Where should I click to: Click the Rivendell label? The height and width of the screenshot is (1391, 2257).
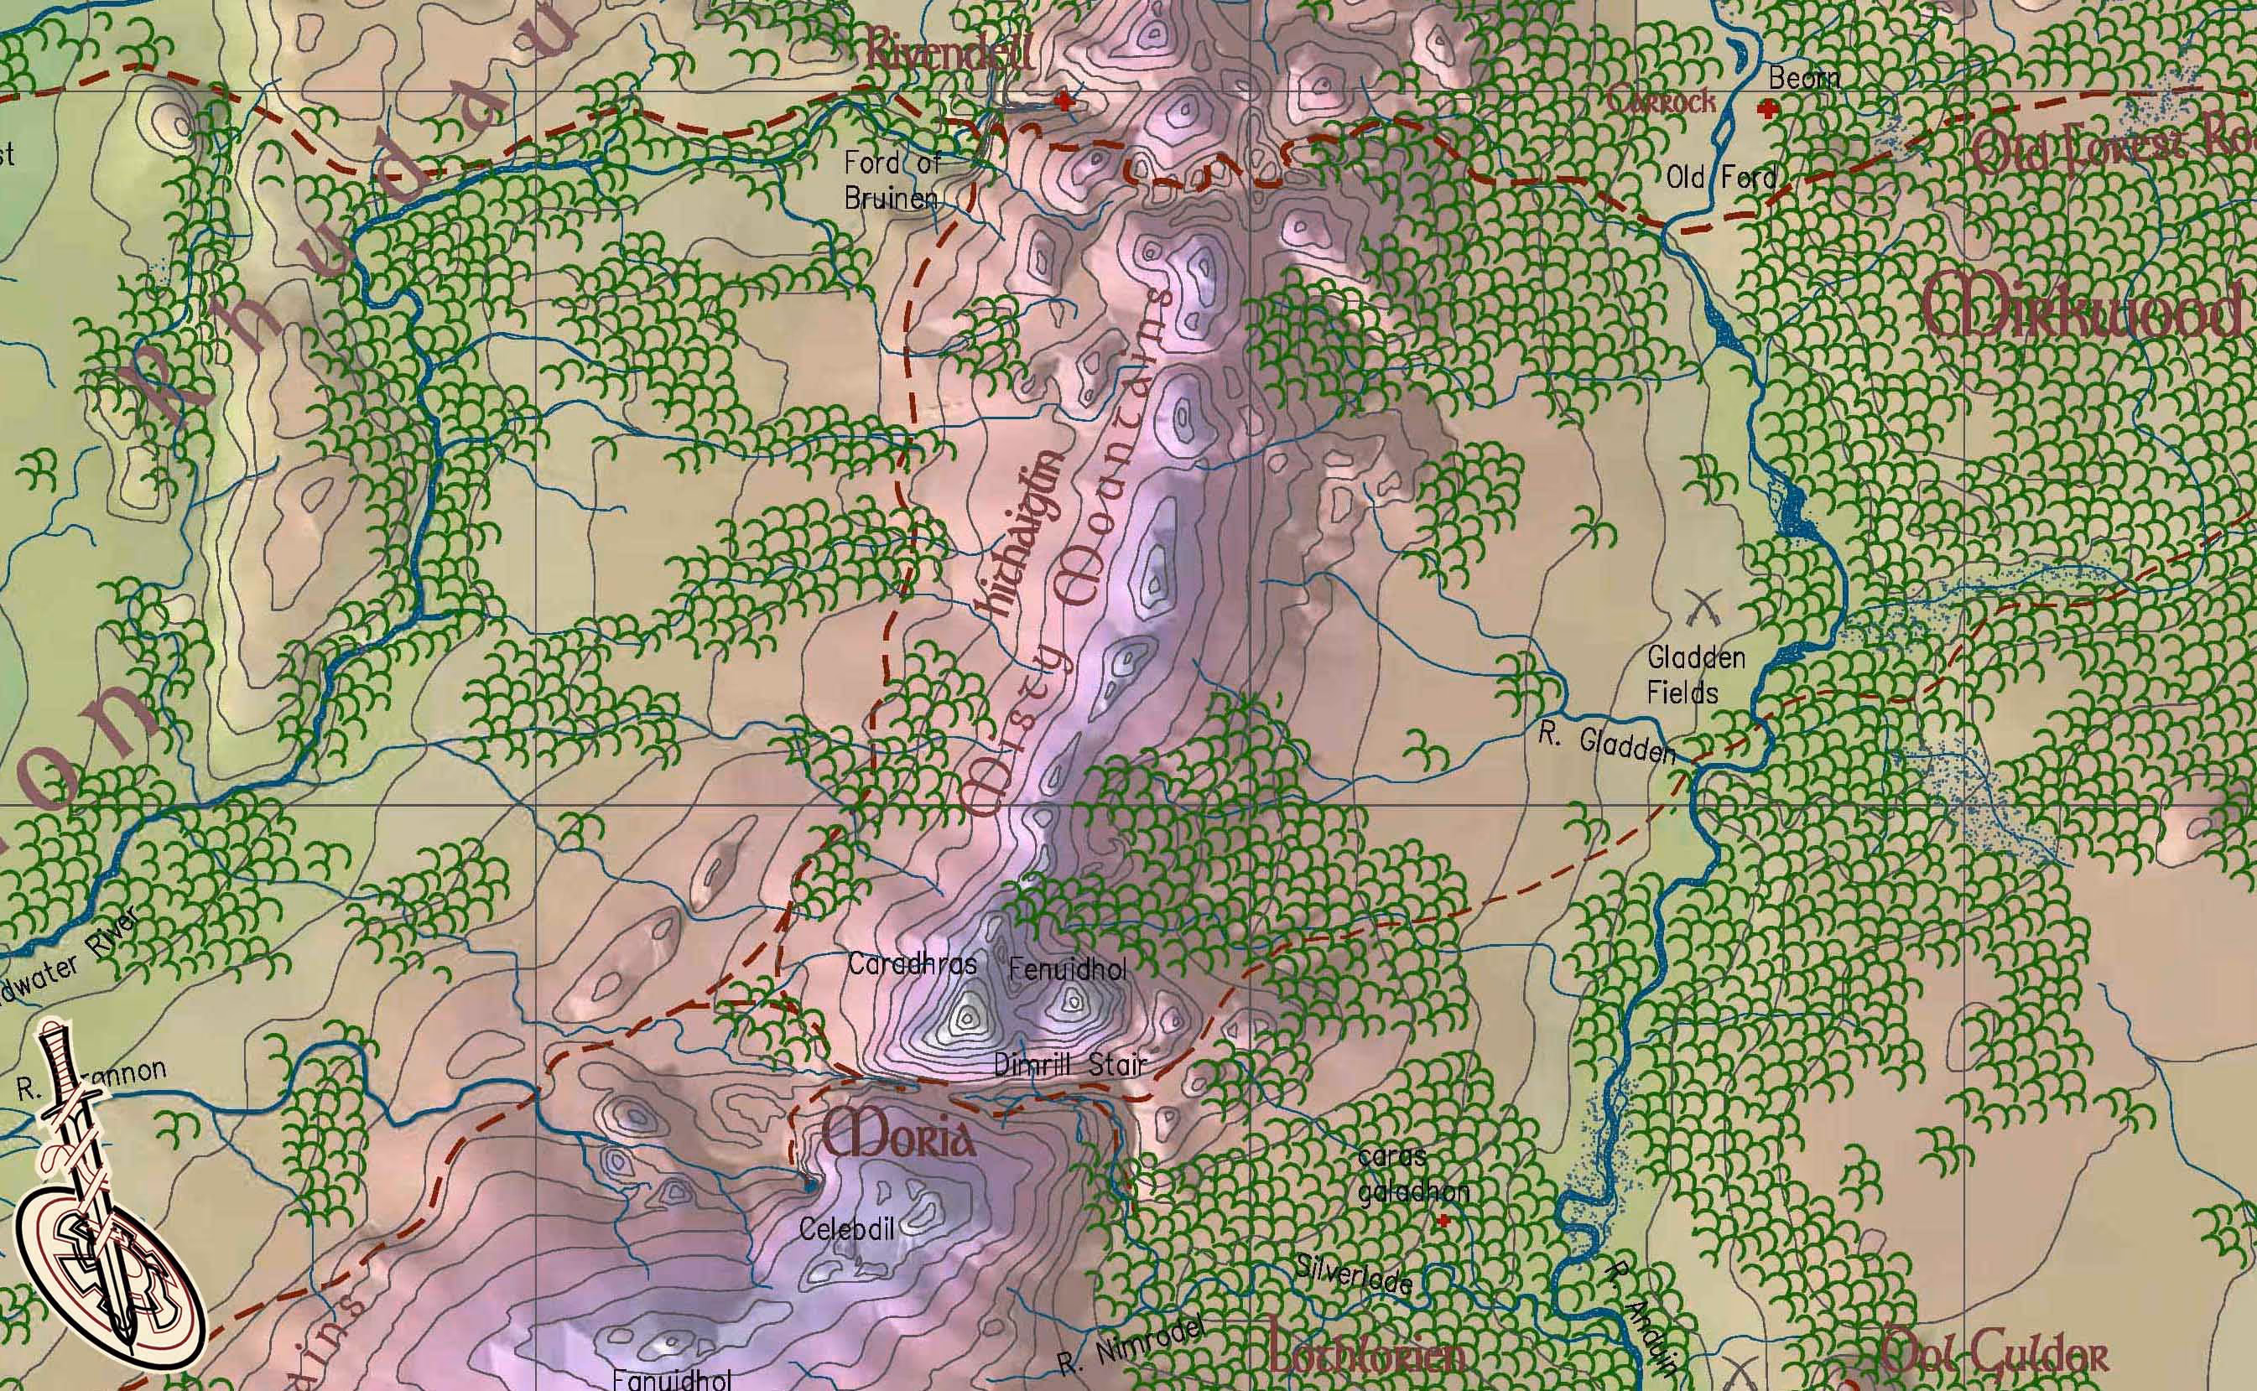947,51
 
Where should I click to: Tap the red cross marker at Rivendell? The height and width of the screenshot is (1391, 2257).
1064,101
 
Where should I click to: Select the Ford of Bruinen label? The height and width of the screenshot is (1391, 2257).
892,180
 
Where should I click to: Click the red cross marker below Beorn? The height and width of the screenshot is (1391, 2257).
1766,111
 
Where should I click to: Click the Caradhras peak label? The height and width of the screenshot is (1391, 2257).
912,964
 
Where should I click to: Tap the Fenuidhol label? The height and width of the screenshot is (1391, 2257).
1068,968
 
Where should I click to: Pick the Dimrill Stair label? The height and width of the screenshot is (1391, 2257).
1071,1066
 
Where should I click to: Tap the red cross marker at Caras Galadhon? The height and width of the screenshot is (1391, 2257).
1443,1221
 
